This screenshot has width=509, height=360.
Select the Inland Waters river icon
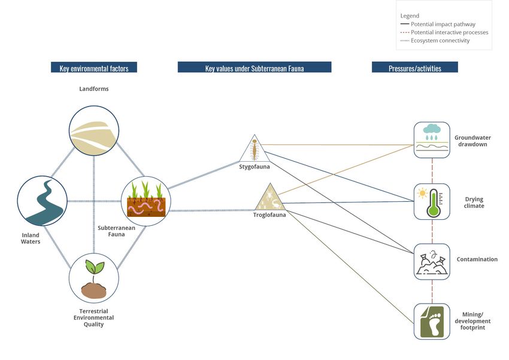[x=42, y=201]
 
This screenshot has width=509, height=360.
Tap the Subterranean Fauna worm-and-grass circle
[x=146, y=201]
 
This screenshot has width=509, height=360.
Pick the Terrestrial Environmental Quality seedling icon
[x=93, y=277]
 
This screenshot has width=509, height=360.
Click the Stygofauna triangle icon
[x=254, y=149]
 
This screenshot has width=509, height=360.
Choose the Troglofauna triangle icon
[x=269, y=197]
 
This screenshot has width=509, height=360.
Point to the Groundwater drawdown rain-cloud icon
[x=432, y=140]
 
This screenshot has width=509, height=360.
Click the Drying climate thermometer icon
[x=432, y=201]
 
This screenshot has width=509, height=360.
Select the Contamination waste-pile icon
[x=432, y=261]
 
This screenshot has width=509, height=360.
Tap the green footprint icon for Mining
[x=432, y=321]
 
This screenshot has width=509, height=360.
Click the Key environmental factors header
[x=94, y=68]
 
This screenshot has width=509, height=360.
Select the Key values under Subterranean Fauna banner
[x=255, y=68]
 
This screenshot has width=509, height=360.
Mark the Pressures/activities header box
[x=414, y=68]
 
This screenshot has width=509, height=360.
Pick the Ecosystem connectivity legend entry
[x=440, y=41]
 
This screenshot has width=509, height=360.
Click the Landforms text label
[x=94, y=89]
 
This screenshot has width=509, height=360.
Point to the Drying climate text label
[x=474, y=202]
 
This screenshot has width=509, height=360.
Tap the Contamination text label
[x=477, y=259]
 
